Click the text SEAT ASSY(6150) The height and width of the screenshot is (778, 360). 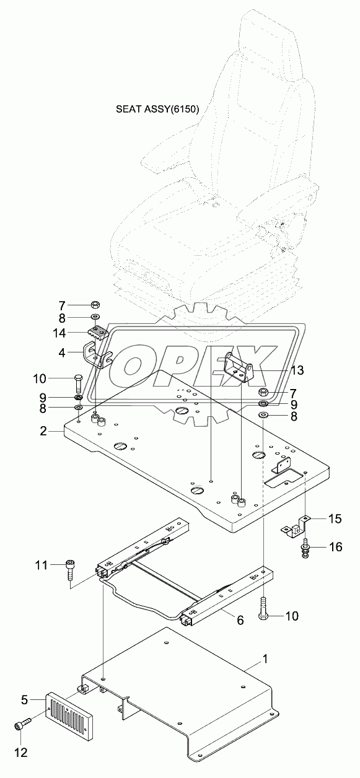[x=157, y=110]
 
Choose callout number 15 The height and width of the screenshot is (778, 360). [x=317, y=518]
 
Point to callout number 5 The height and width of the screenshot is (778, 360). [x=25, y=701]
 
